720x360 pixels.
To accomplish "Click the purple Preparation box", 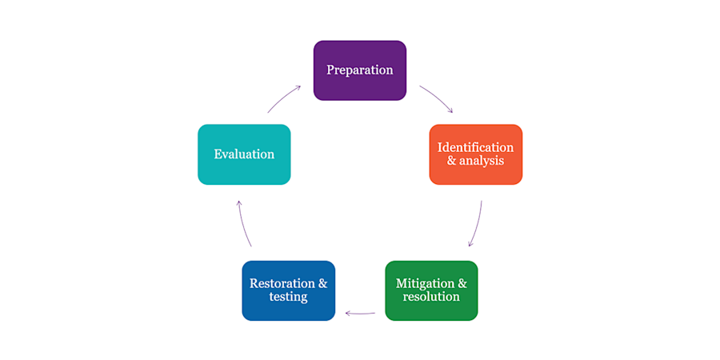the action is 359,70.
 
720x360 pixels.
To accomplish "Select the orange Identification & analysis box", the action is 476,154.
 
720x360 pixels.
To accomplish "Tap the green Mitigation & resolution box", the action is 431,290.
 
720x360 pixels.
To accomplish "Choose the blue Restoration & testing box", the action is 288,290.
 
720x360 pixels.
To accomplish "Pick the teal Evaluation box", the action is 244,154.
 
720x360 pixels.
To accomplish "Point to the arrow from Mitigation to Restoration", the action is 360,314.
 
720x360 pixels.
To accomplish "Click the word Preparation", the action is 359,70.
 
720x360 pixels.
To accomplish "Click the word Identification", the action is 475,147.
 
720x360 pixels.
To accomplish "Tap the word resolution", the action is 431,297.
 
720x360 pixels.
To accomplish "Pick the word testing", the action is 288,297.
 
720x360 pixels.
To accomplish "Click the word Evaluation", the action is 244,154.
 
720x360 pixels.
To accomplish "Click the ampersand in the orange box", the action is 450,161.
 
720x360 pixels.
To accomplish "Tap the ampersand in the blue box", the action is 323,283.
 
